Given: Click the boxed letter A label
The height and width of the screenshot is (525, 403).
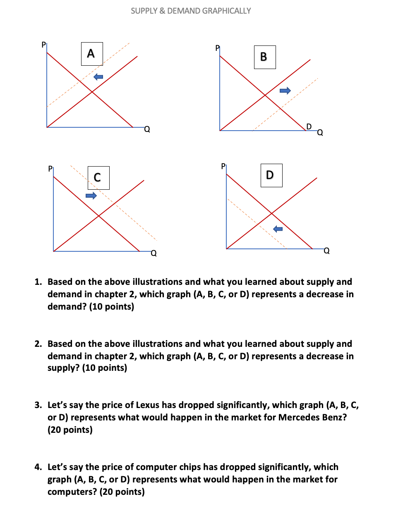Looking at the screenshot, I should (x=91, y=54).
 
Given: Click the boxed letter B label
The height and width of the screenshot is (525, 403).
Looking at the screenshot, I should (x=264, y=57).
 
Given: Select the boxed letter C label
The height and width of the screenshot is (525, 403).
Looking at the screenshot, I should (x=98, y=178).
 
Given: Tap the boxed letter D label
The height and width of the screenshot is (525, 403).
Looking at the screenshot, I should (x=271, y=175).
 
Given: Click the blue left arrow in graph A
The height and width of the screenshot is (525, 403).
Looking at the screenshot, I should (x=98, y=77).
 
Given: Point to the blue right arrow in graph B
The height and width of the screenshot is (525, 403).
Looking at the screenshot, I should (x=285, y=91).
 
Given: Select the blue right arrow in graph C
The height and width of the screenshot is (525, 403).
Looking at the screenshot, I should (x=91, y=196).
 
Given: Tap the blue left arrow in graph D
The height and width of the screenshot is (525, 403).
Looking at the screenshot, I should (x=278, y=229).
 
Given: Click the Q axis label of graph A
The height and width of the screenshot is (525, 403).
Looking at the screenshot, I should (x=147, y=130).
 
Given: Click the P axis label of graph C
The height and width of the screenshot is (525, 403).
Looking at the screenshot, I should (x=50, y=169).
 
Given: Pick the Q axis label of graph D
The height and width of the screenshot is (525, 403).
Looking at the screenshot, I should (x=326, y=251).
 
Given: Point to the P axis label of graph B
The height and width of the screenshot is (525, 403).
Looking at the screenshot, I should (x=218, y=48).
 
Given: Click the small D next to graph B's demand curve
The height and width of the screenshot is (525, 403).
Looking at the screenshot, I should (x=309, y=126).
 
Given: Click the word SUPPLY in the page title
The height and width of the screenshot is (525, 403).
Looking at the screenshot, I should (x=144, y=11).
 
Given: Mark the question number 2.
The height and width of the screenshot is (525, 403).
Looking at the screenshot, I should (x=38, y=344).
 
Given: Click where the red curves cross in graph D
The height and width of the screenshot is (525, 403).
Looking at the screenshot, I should (x=271, y=213).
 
